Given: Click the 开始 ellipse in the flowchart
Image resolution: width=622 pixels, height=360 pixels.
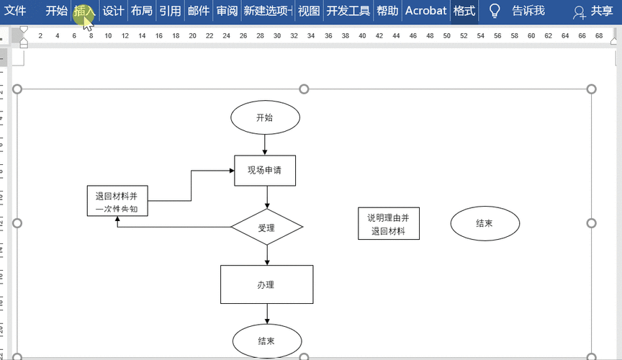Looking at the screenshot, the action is pyautogui.click(x=265, y=117).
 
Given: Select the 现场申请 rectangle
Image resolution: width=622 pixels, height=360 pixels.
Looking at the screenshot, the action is pyautogui.click(x=265, y=171).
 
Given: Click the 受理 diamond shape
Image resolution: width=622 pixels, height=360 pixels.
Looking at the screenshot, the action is pyautogui.click(x=267, y=227).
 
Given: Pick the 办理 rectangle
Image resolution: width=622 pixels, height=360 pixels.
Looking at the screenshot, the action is pyautogui.click(x=267, y=284).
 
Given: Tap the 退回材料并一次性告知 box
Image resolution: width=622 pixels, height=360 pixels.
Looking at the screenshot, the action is pyautogui.click(x=117, y=201).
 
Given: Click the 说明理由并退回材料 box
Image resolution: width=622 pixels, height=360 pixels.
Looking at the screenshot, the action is pyautogui.click(x=389, y=223).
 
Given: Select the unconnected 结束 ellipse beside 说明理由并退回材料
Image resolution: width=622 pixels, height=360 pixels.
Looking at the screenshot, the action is pyautogui.click(x=484, y=223).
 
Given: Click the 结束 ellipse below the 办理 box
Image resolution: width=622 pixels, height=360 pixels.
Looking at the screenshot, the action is pyautogui.click(x=267, y=341).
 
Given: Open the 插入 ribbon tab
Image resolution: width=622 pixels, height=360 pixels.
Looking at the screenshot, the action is pyautogui.click(x=84, y=11).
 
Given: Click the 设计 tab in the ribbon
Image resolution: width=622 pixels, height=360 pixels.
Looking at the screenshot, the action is pyautogui.click(x=113, y=11).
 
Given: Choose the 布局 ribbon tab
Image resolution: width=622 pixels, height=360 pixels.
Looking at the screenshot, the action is pyautogui.click(x=142, y=11).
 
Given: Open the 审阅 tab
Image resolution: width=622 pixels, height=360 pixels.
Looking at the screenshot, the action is pyautogui.click(x=227, y=11).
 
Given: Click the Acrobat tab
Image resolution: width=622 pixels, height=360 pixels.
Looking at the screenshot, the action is pyautogui.click(x=425, y=11).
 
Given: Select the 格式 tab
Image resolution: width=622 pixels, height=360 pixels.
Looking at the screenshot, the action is pyautogui.click(x=464, y=11).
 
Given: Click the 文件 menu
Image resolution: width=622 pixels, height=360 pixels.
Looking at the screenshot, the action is pyautogui.click(x=15, y=11).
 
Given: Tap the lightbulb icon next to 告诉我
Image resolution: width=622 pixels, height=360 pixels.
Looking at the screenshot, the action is pyautogui.click(x=495, y=11).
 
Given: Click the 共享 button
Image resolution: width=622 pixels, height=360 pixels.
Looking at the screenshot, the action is pyautogui.click(x=593, y=11).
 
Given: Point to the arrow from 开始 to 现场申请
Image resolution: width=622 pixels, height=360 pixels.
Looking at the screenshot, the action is pyautogui.click(x=265, y=145).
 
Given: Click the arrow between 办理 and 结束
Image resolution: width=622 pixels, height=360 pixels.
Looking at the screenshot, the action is pyautogui.click(x=267, y=314).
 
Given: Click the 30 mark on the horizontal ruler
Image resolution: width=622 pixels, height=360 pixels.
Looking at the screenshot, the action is pyautogui.click(x=277, y=36).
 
